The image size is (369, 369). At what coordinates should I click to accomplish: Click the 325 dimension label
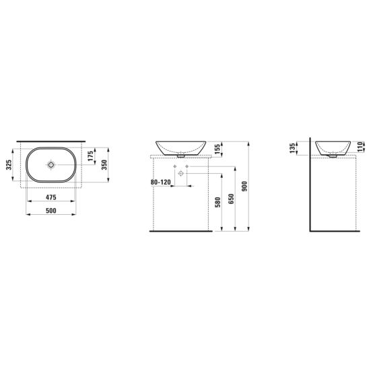click(9, 165)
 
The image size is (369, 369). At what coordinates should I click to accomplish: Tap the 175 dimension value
click(90, 156)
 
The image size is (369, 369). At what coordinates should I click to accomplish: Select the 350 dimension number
click(104, 165)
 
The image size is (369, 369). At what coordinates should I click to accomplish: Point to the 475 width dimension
click(51, 197)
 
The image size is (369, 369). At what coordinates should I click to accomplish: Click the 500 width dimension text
click(51, 210)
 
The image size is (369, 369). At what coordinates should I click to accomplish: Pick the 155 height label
click(217, 149)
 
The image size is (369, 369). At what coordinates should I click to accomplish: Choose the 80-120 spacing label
click(160, 182)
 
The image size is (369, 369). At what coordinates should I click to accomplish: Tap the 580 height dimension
click(218, 202)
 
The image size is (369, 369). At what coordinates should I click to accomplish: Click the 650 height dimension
click(231, 199)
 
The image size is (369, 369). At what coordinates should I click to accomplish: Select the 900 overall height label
click(244, 186)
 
